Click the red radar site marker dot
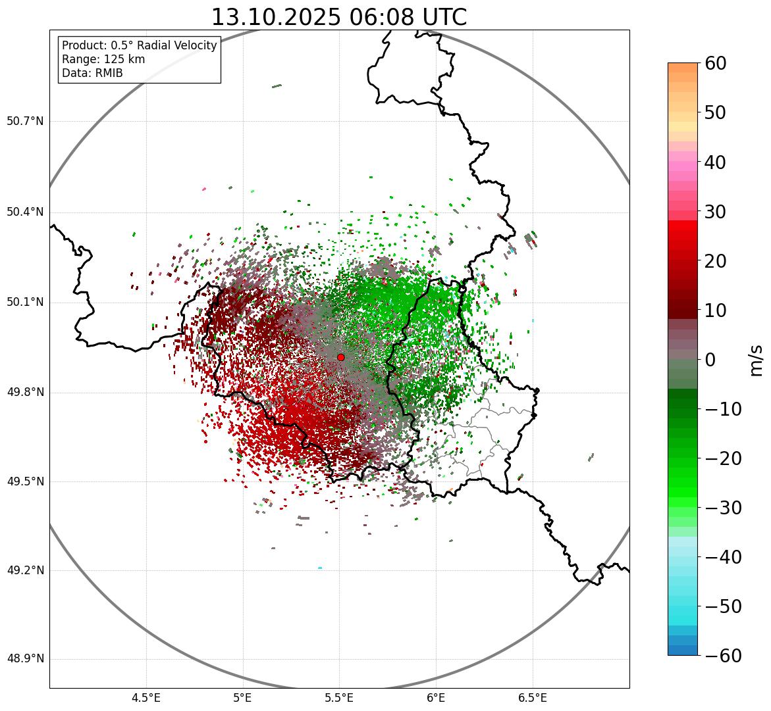340,357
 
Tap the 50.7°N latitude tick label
25,122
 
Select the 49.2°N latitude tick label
25,570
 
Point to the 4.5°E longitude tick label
146,698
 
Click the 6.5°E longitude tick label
533,698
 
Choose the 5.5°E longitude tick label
339,698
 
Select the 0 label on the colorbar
710,360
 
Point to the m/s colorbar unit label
757,360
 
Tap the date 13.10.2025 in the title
276,18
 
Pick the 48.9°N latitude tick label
25,659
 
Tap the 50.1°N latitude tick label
25,303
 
